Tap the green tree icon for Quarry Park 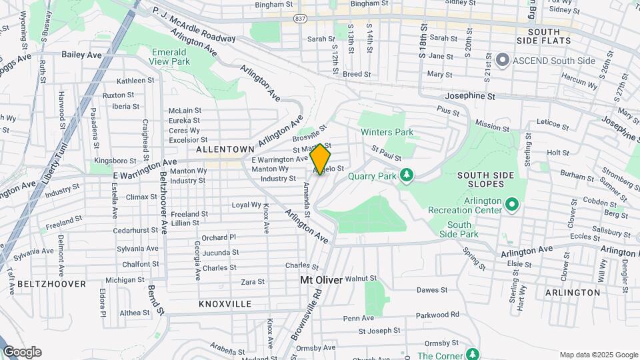(406, 175)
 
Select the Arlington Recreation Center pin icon (512, 204)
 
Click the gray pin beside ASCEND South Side (503, 61)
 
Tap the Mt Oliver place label (321, 280)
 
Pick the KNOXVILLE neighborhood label (225, 303)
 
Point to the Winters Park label (387, 132)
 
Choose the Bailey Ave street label (80, 54)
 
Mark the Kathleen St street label (135, 80)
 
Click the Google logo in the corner (22, 352)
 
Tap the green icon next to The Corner (473, 353)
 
